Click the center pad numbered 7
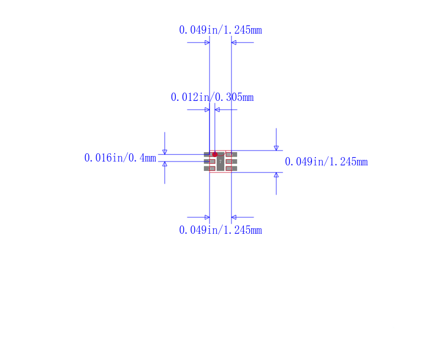point(220,162)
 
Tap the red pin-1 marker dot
point(215,154)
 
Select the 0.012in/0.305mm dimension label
point(212,97)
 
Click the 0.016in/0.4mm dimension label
point(120,158)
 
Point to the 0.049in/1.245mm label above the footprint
point(220,30)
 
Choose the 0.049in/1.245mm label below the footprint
point(220,230)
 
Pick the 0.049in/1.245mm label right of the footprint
point(326,162)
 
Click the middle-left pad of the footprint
point(209,162)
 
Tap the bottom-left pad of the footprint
point(209,169)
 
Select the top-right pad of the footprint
point(231,154)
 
